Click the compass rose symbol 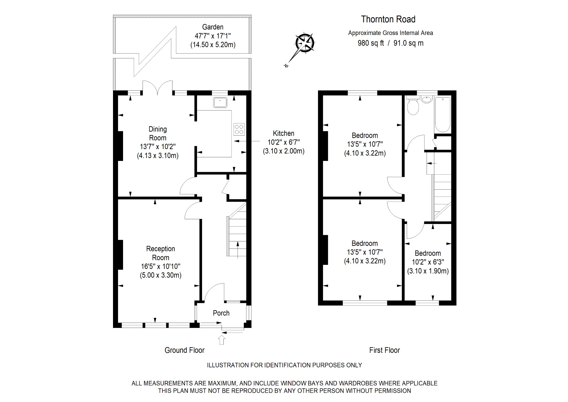(305, 43)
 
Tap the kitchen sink (220, 102)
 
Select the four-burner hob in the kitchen (239, 129)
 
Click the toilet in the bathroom (412, 107)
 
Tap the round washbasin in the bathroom (426, 100)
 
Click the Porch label (221, 313)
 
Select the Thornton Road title (388, 19)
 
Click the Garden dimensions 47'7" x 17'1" (212, 36)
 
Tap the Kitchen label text (283, 133)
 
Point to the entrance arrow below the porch (222, 339)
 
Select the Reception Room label (160, 253)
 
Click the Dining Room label (157, 133)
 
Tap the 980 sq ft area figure (371, 43)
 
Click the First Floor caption (384, 350)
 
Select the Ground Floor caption (184, 350)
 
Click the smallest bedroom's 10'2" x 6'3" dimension (428, 262)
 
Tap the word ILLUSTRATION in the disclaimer (228, 365)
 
